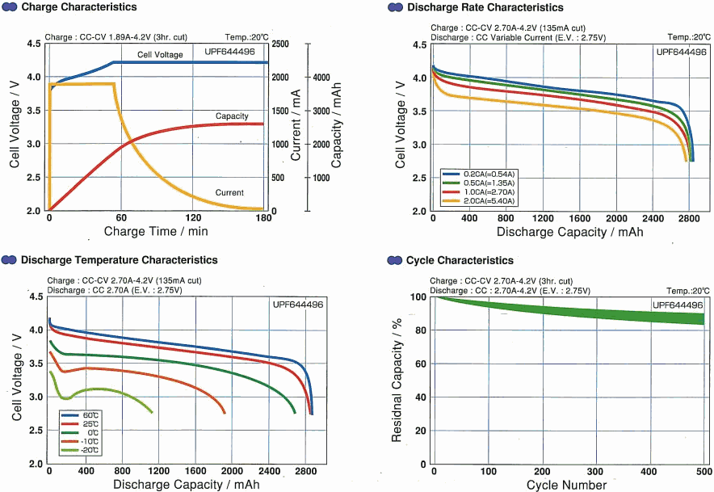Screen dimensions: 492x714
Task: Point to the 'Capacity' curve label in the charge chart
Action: tap(232, 116)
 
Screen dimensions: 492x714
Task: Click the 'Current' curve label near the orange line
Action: tap(229, 192)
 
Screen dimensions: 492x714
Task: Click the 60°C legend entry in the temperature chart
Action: tap(89, 415)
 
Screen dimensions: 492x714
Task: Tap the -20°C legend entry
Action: tap(89, 450)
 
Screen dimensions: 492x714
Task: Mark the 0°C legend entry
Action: tap(89, 433)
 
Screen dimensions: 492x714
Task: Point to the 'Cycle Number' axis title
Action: tap(566, 485)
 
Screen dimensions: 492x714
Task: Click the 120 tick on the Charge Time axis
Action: tap(192, 218)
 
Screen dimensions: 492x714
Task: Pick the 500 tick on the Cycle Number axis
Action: tap(703, 472)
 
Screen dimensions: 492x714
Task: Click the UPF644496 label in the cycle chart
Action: tap(677, 305)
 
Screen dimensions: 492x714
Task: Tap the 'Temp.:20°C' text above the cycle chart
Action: tap(688, 290)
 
